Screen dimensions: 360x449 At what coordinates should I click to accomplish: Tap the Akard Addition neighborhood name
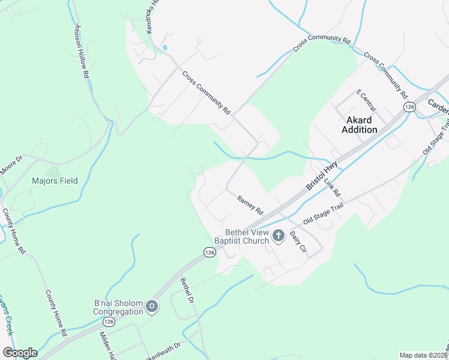click(360, 125)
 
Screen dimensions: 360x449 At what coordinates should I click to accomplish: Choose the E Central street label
click(366, 100)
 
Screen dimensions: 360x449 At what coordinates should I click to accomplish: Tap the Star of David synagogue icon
click(152, 307)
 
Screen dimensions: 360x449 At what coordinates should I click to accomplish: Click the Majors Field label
click(55, 181)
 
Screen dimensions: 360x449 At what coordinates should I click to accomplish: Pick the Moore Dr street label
click(11, 166)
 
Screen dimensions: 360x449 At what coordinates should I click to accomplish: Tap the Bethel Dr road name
click(187, 290)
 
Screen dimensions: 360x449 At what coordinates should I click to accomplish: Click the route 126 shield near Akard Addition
click(409, 107)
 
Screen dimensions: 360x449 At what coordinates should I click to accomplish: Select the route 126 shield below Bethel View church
click(209, 253)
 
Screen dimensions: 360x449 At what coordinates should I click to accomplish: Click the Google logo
click(20, 353)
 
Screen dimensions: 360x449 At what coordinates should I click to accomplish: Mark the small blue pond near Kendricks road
click(164, 47)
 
